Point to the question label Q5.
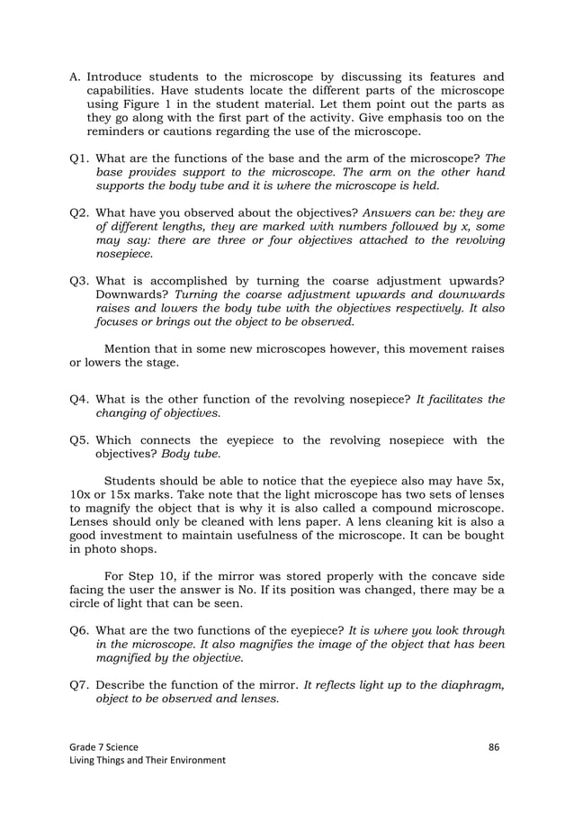[79, 440]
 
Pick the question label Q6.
[79, 630]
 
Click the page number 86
[494, 746]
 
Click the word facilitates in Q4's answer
[454, 400]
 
